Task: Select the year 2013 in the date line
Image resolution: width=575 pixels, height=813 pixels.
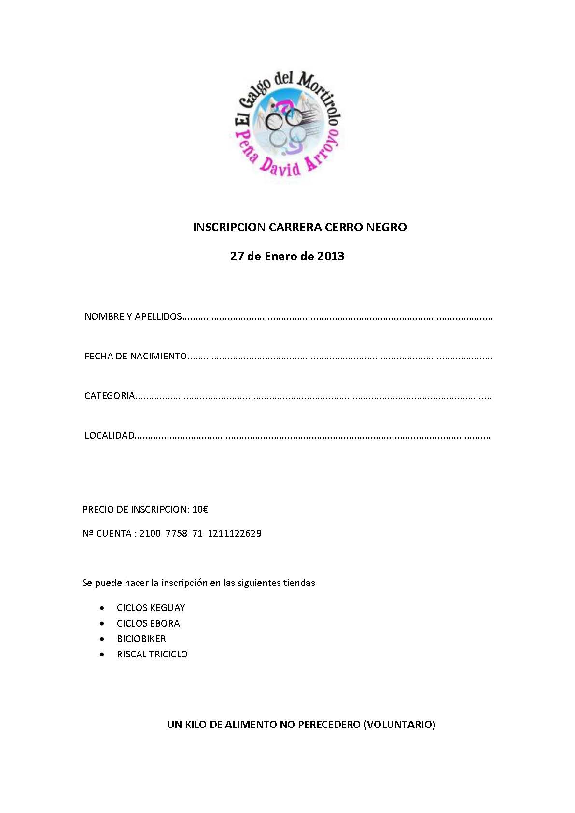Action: pyautogui.click(x=330, y=256)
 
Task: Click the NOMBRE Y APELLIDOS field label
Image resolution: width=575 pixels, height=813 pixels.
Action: pyautogui.click(x=133, y=317)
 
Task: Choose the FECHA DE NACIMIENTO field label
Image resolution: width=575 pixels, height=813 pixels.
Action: pyautogui.click(x=135, y=357)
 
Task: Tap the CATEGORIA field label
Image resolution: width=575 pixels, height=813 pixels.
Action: pyautogui.click(x=109, y=396)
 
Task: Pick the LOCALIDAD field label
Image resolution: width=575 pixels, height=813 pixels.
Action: pyautogui.click(x=109, y=436)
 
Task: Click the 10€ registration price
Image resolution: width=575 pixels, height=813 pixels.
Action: pyautogui.click(x=200, y=509)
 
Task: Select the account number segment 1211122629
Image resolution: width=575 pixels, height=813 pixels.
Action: pyautogui.click(x=235, y=534)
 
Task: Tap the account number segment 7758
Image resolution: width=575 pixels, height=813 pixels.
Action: pyautogui.click(x=176, y=534)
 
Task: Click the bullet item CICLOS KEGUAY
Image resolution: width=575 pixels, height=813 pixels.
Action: pyautogui.click(x=151, y=608)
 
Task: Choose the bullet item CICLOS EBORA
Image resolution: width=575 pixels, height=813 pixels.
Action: pyautogui.click(x=148, y=624)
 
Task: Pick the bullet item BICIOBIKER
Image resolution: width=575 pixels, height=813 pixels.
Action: pyautogui.click(x=141, y=639)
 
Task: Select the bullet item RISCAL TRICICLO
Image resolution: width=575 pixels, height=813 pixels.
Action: pyautogui.click(x=152, y=655)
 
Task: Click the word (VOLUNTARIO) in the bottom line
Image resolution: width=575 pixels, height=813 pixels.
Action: pyautogui.click(x=399, y=725)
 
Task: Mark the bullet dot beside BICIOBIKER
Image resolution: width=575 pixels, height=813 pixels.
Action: pyautogui.click(x=102, y=639)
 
